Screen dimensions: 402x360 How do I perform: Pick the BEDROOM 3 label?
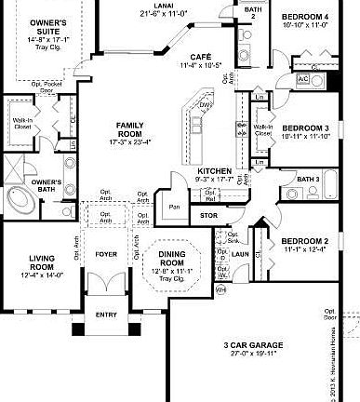tap(306, 127)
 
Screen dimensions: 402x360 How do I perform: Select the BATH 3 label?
tap(308, 179)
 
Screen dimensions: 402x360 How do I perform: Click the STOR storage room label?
tap(208, 215)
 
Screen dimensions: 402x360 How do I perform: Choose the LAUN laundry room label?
tap(239, 253)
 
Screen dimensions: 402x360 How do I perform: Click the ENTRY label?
tap(107, 315)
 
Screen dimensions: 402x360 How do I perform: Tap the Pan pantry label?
tap(172, 208)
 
